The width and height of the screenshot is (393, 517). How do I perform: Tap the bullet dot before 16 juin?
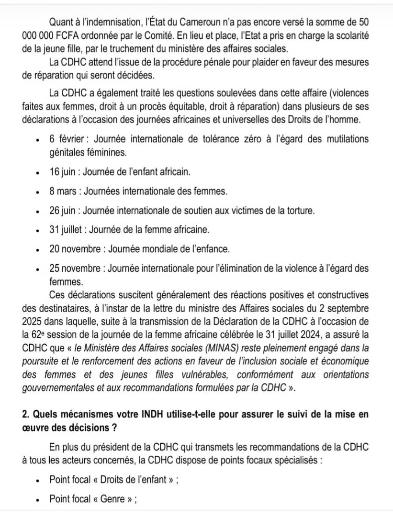click(x=37, y=172)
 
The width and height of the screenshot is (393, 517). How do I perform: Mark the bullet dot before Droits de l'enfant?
click(x=37, y=481)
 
